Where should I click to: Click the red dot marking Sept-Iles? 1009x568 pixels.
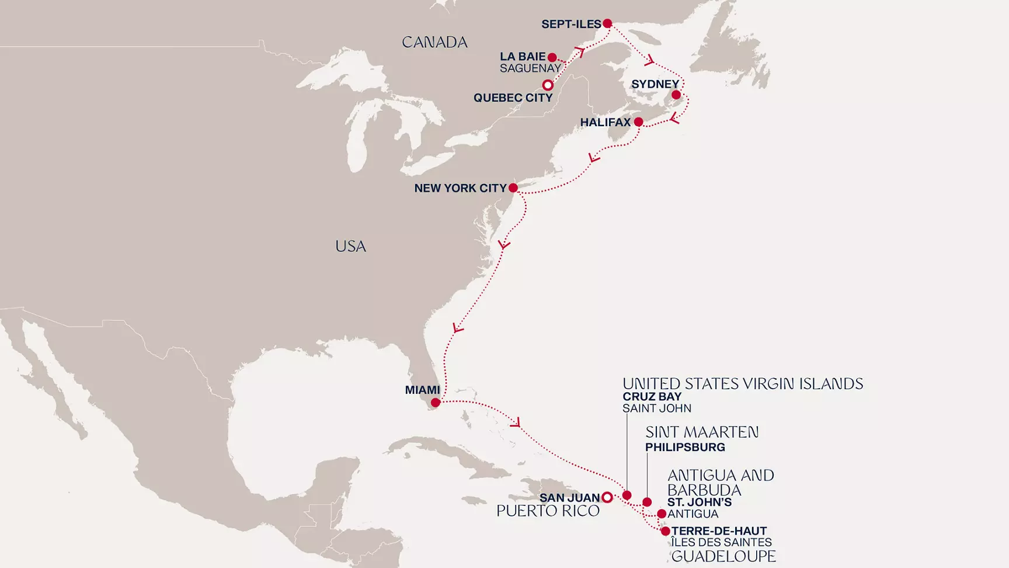click(x=607, y=24)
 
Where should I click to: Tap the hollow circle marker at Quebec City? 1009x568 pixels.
click(x=548, y=85)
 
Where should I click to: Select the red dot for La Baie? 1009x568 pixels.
click(x=552, y=57)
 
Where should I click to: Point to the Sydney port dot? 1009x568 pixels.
click(x=676, y=95)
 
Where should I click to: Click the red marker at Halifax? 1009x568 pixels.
click(x=639, y=122)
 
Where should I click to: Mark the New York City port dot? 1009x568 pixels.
click(x=513, y=188)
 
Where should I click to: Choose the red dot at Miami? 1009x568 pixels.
click(x=436, y=403)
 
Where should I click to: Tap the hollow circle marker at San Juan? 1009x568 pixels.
click(x=607, y=497)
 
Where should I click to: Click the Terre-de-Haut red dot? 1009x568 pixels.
click(x=665, y=531)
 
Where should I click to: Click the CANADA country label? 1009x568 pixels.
click(x=434, y=42)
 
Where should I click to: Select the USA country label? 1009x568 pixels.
click(x=350, y=246)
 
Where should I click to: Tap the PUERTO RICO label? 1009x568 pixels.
click(x=548, y=511)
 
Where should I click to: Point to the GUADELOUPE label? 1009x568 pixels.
click(x=723, y=556)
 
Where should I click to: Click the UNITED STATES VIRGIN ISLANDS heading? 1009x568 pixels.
click(x=742, y=384)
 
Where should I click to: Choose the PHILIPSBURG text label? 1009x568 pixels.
click(x=685, y=447)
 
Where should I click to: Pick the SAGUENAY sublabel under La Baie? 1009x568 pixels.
click(x=530, y=68)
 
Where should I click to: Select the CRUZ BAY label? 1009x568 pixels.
click(x=652, y=396)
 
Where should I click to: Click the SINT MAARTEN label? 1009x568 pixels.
click(x=702, y=432)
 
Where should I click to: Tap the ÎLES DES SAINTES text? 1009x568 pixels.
click(x=721, y=542)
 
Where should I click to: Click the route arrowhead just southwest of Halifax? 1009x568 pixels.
click(x=594, y=158)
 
